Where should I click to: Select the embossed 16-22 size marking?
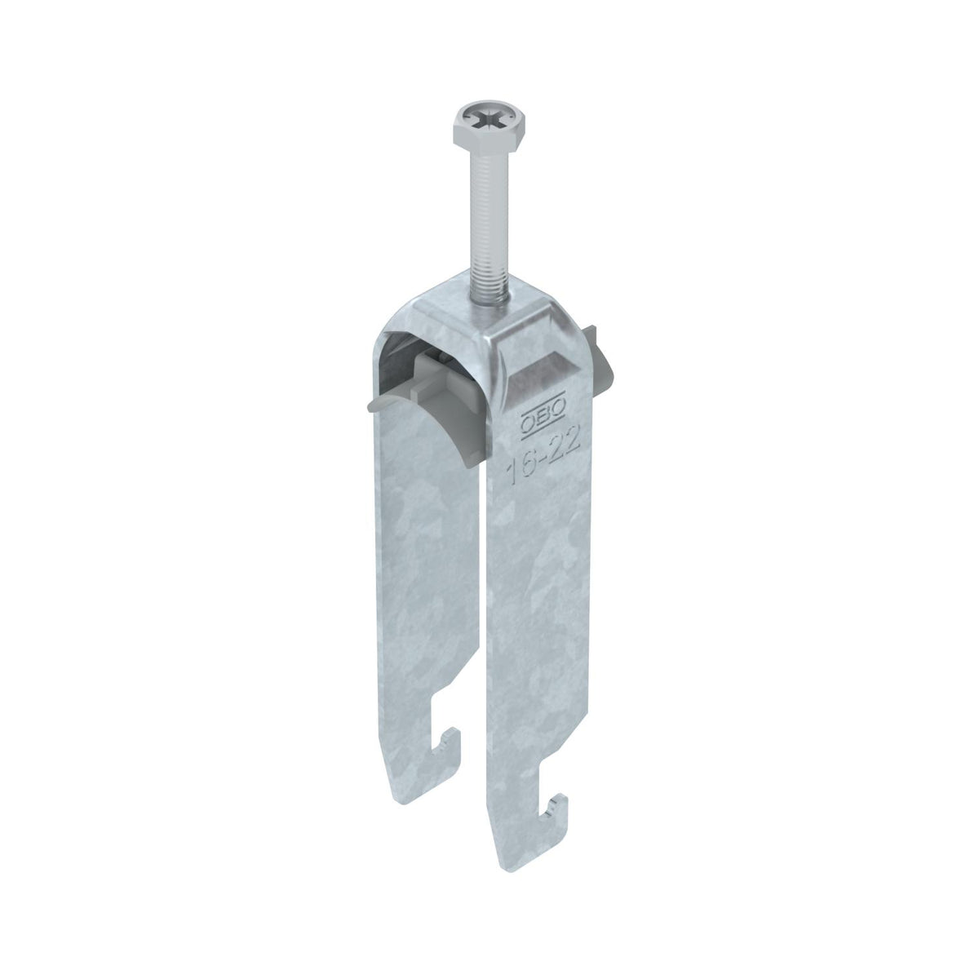coord(543,457)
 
